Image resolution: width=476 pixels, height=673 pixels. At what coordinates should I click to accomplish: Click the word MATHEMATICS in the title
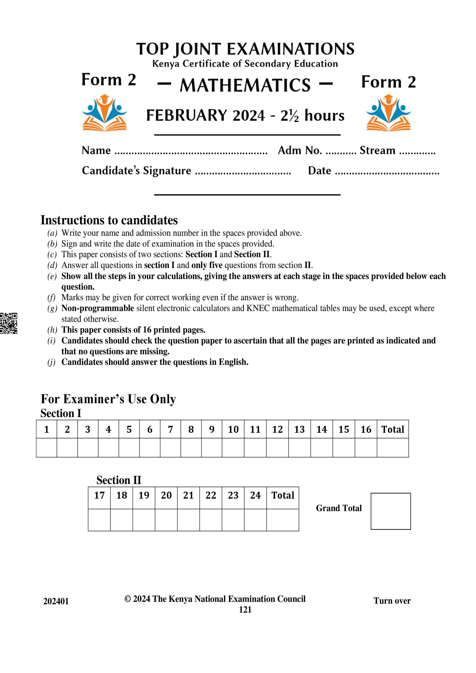tap(245, 85)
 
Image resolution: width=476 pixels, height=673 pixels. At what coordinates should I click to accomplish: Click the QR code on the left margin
tap(8, 323)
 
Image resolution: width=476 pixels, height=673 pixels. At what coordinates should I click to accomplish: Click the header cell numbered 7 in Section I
tap(170, 429)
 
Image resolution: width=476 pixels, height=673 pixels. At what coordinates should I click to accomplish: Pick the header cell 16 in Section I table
tap(366, 429)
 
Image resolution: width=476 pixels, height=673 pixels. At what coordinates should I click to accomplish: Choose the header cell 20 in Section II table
tap(166, 495)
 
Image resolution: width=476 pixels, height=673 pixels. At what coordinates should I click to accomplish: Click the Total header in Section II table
tap(282, 495)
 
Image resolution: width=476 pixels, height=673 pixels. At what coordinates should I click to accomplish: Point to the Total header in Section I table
tap(393, 429)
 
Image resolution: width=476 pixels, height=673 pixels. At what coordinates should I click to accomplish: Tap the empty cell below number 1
tap(46, 448)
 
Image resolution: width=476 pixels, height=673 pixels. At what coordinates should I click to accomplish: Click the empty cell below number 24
tap(255, 520)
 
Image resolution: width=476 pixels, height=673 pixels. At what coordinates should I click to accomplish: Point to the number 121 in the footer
tap(245, 609)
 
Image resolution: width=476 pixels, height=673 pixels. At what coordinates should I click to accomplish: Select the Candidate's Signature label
tap(136, 171)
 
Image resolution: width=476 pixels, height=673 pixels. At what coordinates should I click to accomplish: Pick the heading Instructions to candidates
tap(109, 220)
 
